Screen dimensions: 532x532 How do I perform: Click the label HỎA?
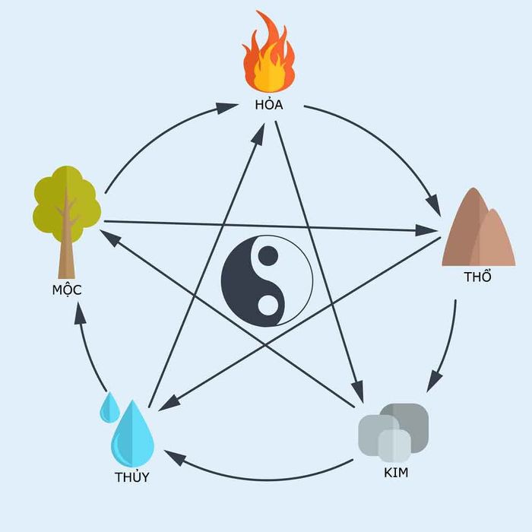[269, 104]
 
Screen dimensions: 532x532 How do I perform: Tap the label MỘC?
[67, 290]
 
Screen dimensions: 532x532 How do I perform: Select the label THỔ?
[477, 276]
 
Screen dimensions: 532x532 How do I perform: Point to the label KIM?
[396, 472]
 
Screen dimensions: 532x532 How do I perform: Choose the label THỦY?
[132, 477]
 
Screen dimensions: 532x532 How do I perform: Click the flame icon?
[268, 52]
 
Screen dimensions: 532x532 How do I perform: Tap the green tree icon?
[67, 222]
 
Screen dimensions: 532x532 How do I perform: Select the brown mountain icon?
[478, 226]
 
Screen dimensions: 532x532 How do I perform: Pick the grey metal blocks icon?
[394, 429]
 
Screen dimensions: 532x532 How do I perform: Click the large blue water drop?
[132, 434]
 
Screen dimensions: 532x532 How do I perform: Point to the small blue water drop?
[109, 408]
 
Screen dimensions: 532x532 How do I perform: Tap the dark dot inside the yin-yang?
[268, 256]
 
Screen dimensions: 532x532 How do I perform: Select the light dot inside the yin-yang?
[268, 305]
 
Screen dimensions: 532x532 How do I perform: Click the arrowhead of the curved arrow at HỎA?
[226, 108]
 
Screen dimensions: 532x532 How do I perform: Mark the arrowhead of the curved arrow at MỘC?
[80, 313]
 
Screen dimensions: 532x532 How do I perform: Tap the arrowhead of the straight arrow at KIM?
[358, 392]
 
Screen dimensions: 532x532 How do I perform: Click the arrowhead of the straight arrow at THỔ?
[426, 230]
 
